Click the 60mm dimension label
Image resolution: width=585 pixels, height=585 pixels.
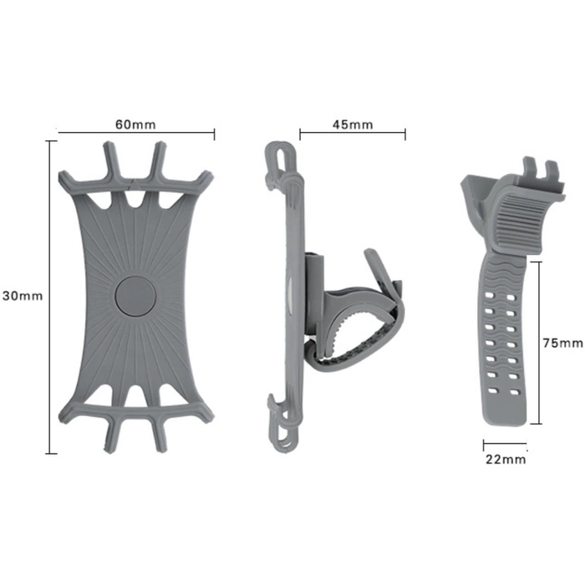point(135,124)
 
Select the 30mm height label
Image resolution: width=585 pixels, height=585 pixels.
point(22,296)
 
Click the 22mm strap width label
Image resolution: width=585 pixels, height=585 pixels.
point(506,459)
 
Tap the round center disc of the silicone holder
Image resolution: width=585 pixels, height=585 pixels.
point(134,296)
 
